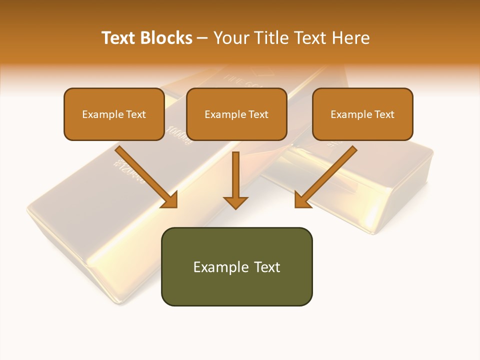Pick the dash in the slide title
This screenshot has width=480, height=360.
point(202,38)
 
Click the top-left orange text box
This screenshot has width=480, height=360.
point(114,114)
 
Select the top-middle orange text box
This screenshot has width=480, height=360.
point(236,114)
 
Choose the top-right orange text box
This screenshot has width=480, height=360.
point(362,114)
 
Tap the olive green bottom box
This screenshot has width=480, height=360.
point(236,266)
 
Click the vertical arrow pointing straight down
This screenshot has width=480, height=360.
point(235,177)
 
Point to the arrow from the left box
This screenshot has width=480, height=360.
point(145,175)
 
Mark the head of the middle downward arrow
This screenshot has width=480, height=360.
point(235,201)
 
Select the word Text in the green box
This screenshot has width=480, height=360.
point(267,267)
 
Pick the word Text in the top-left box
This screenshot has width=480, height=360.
point(135,114)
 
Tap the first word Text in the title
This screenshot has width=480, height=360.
point(119,38)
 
